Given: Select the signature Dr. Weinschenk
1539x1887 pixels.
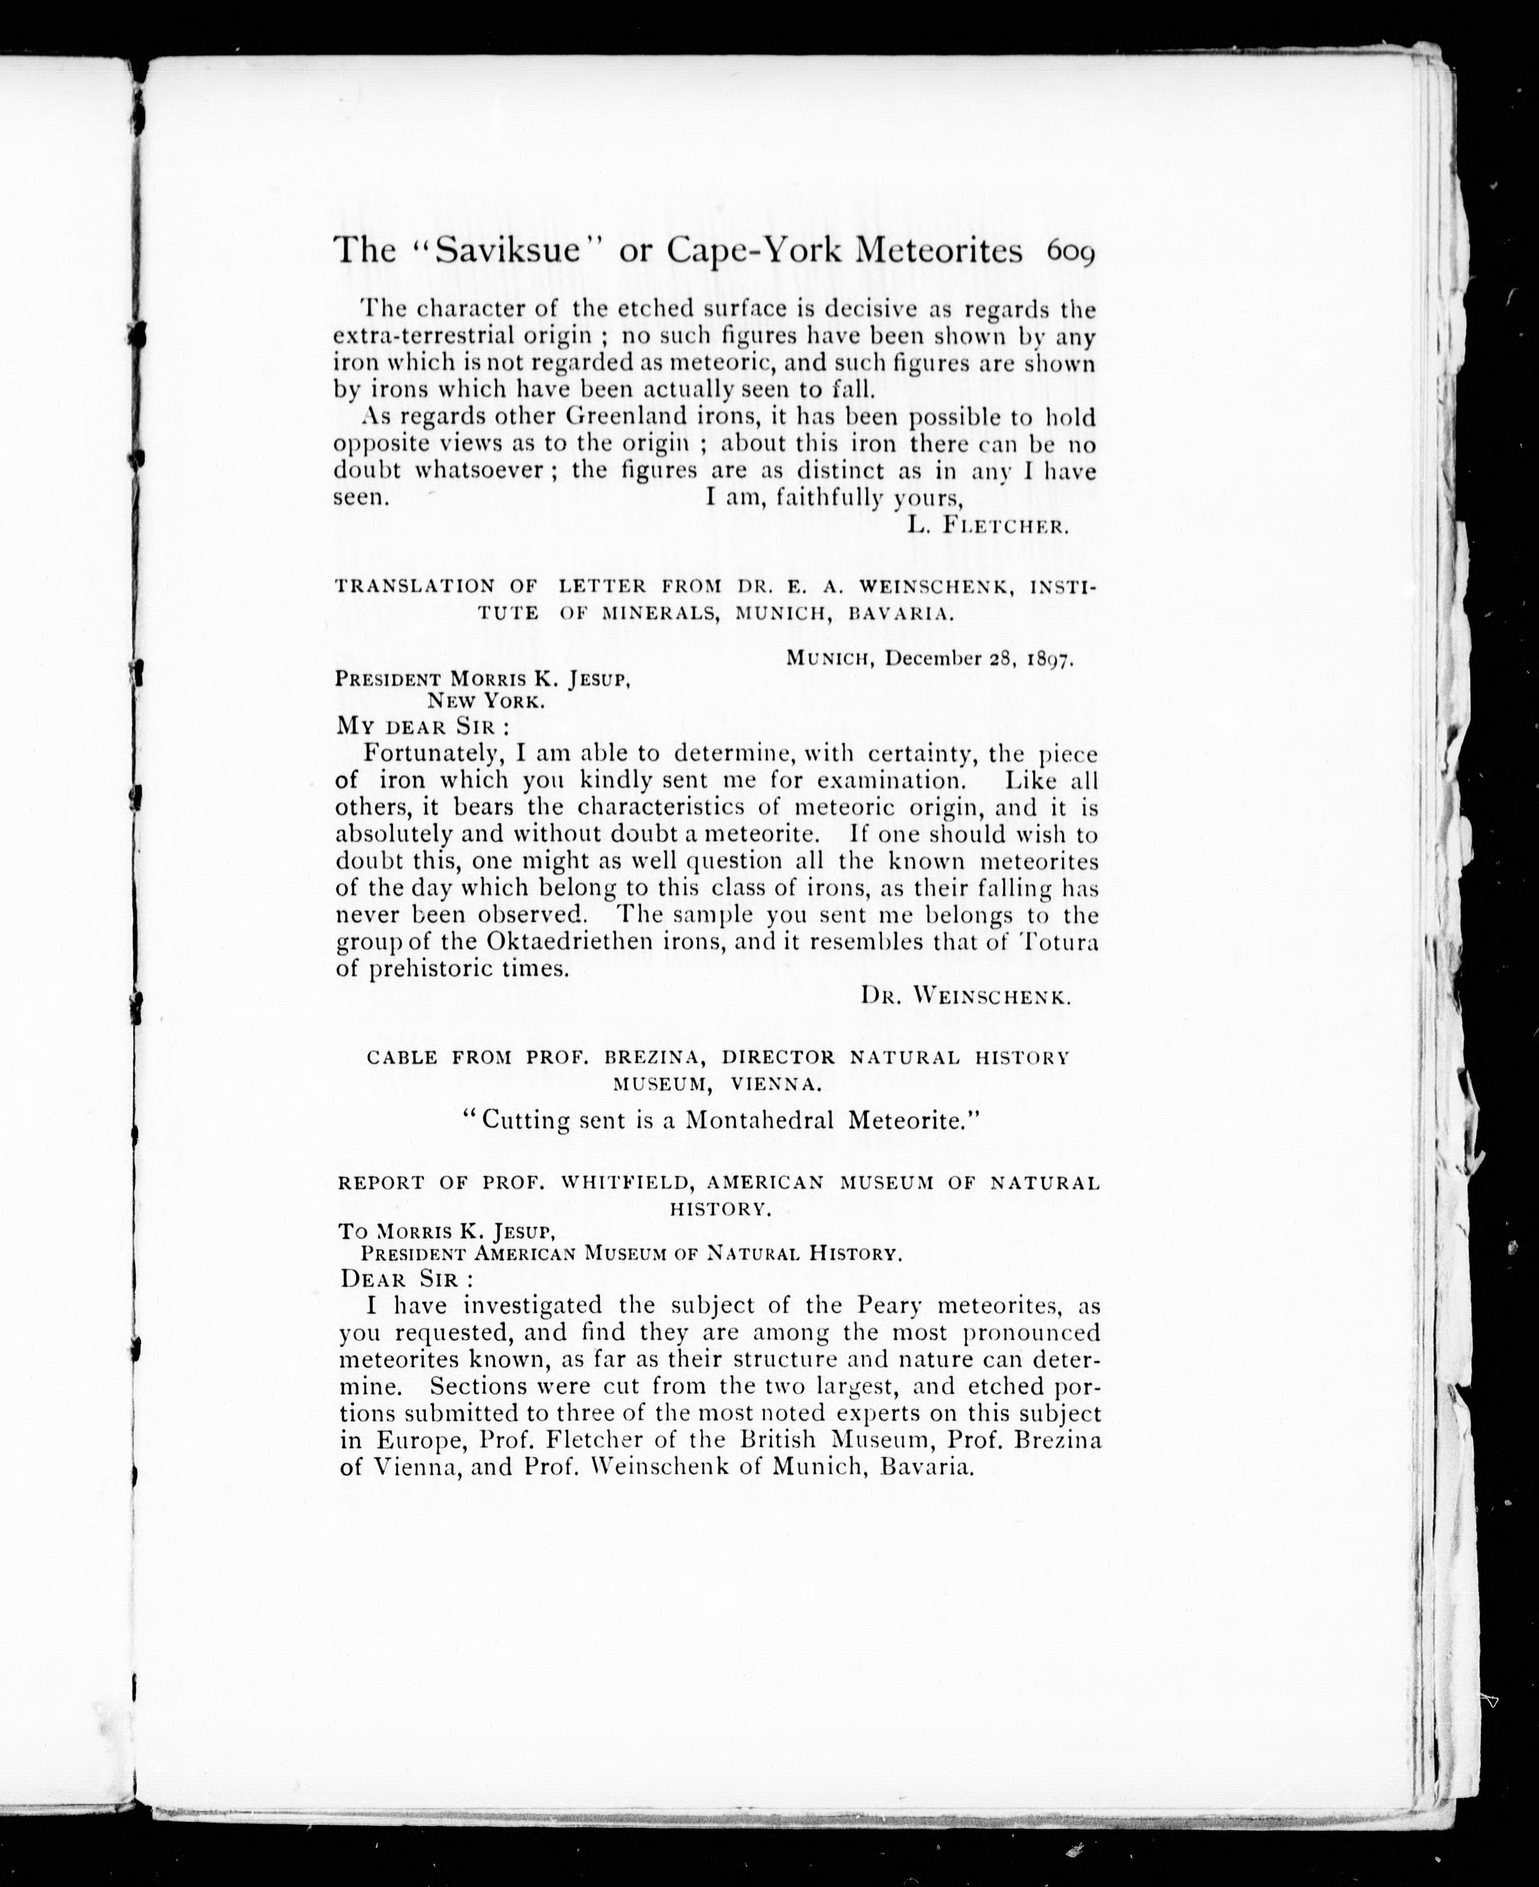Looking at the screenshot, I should (966, 996).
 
